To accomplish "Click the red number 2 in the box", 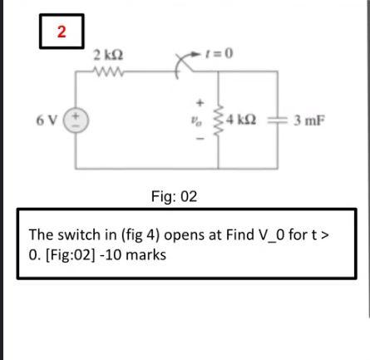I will click(x=61, y=32).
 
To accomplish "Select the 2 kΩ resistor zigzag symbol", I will click(x=108, y=71).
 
